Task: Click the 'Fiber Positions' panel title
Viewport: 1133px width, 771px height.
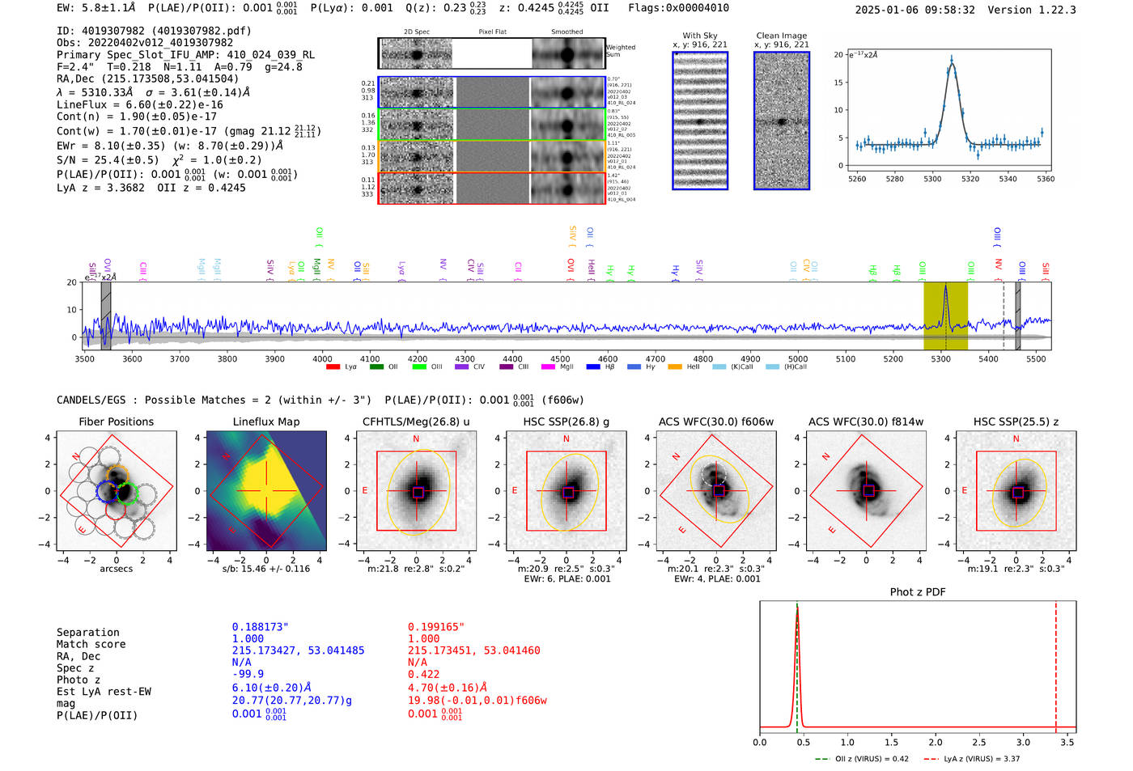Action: pyautogui.click(x=116, y=422)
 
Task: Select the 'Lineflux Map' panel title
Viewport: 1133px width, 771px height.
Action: pyautogui.click(x=266, y=422)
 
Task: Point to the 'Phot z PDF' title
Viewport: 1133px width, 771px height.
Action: pyautogui.click(x=918, y=592)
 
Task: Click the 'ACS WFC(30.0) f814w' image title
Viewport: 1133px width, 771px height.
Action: pyautogui.click(x=866, y=422)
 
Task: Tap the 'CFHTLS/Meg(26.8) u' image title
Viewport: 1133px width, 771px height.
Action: pyautogui.click(x=416, y=422)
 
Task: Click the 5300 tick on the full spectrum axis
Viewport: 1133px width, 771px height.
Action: pyautogui.click(x=940, y=359)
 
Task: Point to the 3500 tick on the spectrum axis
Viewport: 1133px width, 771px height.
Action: pyautogui.click(x=84, y=359)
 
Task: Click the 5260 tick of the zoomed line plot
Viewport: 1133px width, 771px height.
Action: pyautogui.click(x=856, y=179)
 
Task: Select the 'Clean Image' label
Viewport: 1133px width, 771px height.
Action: pyautogui.click(x=781, y=36)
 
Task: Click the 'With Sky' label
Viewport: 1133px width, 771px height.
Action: pyautogui.click(x=700, y=36)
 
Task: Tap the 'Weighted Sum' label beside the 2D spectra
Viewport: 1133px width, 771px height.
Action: pyautogui.click(x=620, y=51)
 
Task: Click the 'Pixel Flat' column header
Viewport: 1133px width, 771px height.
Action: pyautogui.click(x=492, y=32)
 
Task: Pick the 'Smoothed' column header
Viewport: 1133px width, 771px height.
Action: pyautogui.click(x=566, y=32)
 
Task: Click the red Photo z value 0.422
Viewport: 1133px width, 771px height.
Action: pyautogui.click(x=423, y=674)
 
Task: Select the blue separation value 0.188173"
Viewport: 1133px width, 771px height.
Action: pyautogui.click(x=260, y=627)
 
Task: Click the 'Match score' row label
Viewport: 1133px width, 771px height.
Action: pyautogui.click(x=91, y=645)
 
